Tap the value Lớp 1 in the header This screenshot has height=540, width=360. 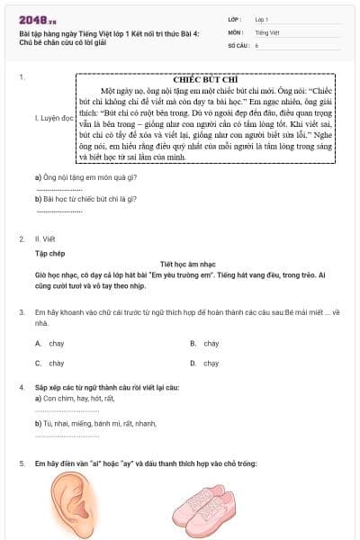[x=262, y=18]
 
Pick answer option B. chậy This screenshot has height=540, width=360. [x=205, y=344]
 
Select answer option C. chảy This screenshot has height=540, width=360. [x=50, y=364]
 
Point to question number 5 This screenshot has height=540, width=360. [x=22, y=463]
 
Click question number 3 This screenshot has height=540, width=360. [x=22, y=311]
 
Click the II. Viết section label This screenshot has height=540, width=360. [x=42, y=239]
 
